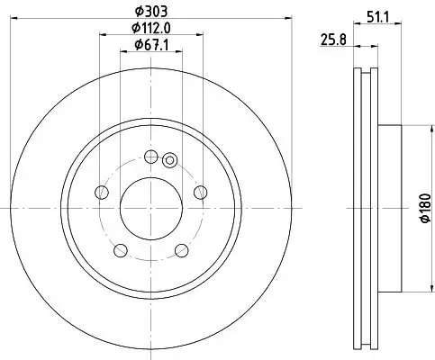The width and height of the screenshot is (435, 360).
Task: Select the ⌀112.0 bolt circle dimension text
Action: [151, 27]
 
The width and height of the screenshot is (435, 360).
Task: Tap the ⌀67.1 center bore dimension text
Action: [151, 44]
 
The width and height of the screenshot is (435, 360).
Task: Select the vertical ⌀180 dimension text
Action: [419, 208]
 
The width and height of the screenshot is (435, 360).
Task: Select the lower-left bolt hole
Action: [121, 249]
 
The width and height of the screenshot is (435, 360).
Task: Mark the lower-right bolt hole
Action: [182, 249]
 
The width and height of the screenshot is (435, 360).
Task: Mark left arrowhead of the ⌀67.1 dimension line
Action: [123, 53]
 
